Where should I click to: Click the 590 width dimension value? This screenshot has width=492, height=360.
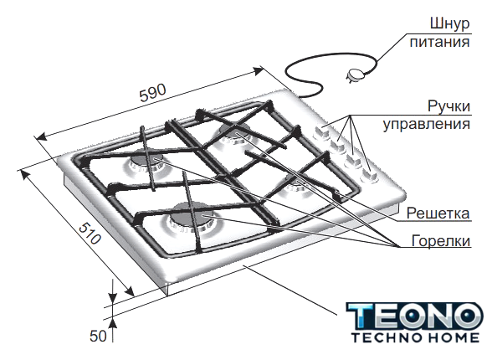[x=152, y=93]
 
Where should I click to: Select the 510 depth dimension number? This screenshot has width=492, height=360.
[x=90, y=234]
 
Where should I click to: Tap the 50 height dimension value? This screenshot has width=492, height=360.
[x=98, y=336]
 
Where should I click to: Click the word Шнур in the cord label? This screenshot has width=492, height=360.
[x=449, y=24]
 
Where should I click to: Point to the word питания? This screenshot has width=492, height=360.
[x=439, y=42]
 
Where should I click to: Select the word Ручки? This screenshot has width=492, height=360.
[x=449, y=106]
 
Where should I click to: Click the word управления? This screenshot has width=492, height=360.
[x=427, y=124]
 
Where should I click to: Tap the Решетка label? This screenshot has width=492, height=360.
[x=438, y=213]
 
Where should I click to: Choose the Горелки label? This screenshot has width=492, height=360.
[x=441, y=241]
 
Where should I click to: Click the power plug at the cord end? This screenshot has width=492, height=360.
[x=355, y=75]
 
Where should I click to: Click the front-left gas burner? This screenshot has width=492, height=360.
[x=192, y=218]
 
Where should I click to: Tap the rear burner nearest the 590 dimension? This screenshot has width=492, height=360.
[x=234, y=133]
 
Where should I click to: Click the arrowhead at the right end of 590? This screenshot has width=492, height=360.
[x=259, y=71]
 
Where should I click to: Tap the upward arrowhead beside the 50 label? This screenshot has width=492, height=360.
[x=113, y=323]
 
